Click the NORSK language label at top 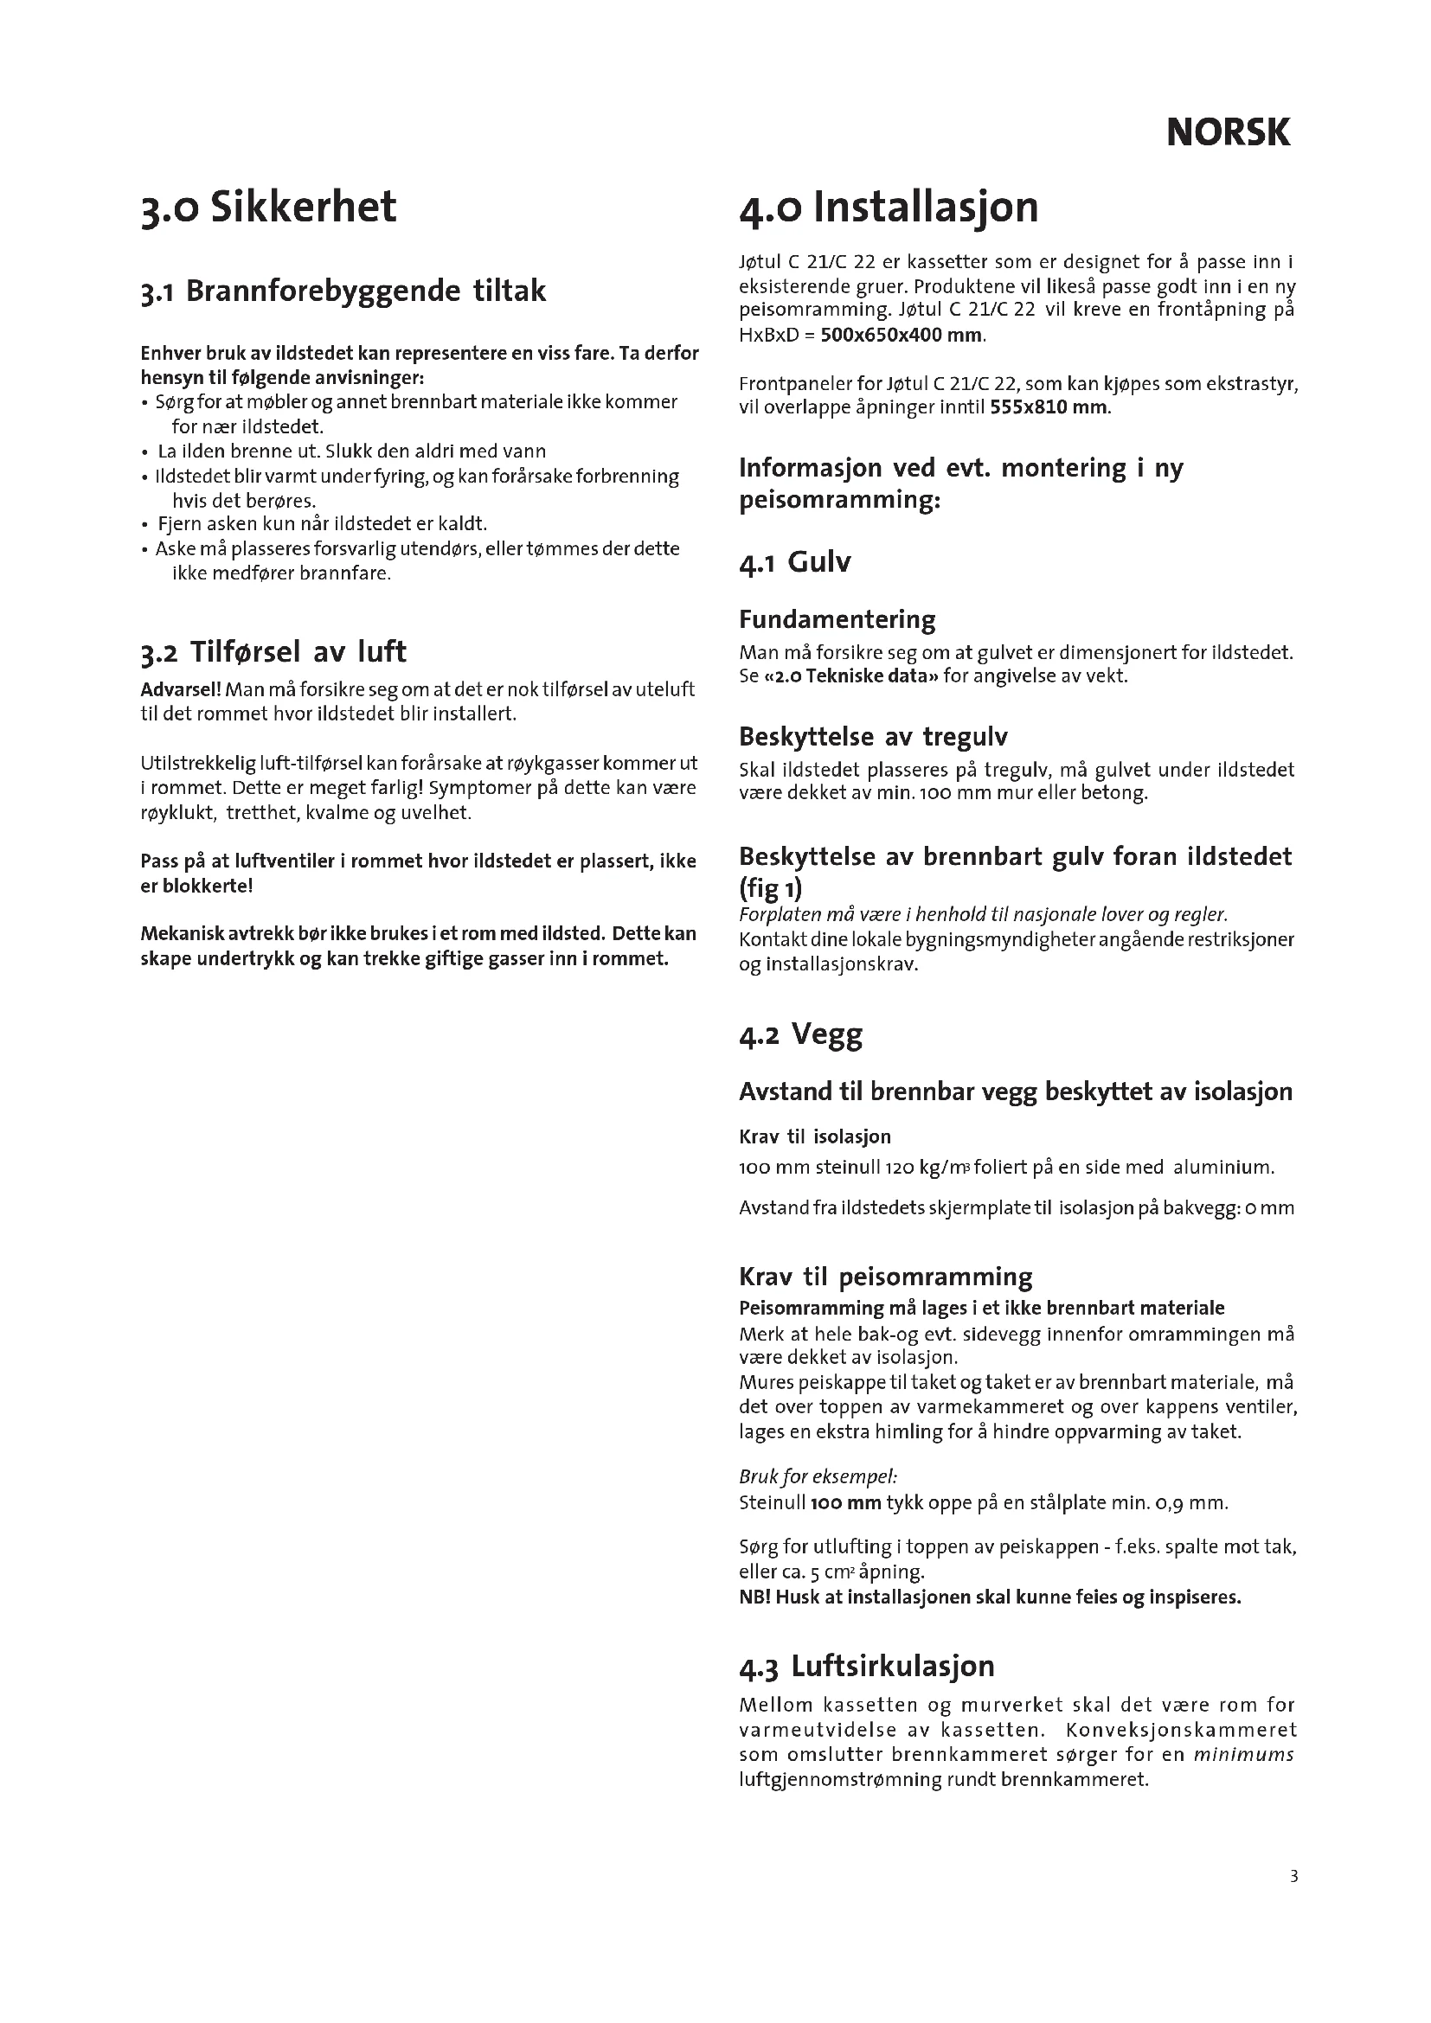pos(1228,133)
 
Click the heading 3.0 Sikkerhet pos(269,208)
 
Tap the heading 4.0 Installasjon pos(889,208)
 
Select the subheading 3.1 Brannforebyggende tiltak pos(343,291)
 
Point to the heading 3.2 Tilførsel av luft pos(273,652)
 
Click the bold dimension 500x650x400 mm pos(902,335)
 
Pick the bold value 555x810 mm pos(1049,408)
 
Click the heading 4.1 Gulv pos(795,562)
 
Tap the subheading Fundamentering pos(837,619)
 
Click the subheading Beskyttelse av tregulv pos(872,736)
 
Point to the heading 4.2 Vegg pos(800,1034)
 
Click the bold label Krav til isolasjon pos(815,1136)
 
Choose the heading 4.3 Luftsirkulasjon pos(867,1666)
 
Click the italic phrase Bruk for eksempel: pos(818,1476)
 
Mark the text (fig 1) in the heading pos(770,887)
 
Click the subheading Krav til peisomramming pos(886,1277)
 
